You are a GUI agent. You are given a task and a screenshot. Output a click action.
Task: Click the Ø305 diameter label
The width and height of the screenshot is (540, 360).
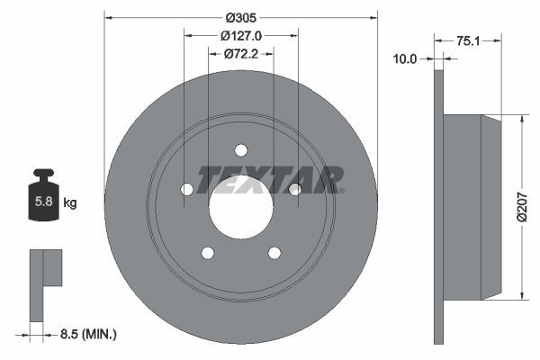[240, 17]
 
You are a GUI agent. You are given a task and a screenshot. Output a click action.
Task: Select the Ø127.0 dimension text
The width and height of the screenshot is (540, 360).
[240, 36]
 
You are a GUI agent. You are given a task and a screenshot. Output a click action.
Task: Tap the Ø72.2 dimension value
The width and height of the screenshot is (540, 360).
[240, 55]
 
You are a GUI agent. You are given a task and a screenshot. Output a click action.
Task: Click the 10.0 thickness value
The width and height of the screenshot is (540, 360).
[406, 59]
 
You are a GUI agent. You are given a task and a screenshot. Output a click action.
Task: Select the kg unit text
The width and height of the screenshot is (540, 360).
[70, 203]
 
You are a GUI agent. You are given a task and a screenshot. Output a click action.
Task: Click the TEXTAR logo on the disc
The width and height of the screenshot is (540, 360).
[270, 180]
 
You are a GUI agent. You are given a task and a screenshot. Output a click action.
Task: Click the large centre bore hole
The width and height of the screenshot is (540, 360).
[241, 206]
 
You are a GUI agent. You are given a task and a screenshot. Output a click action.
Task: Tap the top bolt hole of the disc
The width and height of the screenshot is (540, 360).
[241, 150]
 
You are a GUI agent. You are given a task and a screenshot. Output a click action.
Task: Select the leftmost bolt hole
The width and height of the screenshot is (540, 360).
[187, 189]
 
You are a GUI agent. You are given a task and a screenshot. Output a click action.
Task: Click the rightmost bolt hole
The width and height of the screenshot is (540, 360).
[294, 189]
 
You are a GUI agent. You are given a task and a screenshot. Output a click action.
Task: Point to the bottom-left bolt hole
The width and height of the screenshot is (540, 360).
[208, 253]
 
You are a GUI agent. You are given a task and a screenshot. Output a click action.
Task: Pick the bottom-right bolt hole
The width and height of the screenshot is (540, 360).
[274, 253]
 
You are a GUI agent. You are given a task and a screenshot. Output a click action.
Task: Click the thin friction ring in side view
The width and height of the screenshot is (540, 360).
[439, 207]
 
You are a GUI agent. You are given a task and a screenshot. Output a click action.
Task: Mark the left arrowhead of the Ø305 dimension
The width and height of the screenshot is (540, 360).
[109, 17]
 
